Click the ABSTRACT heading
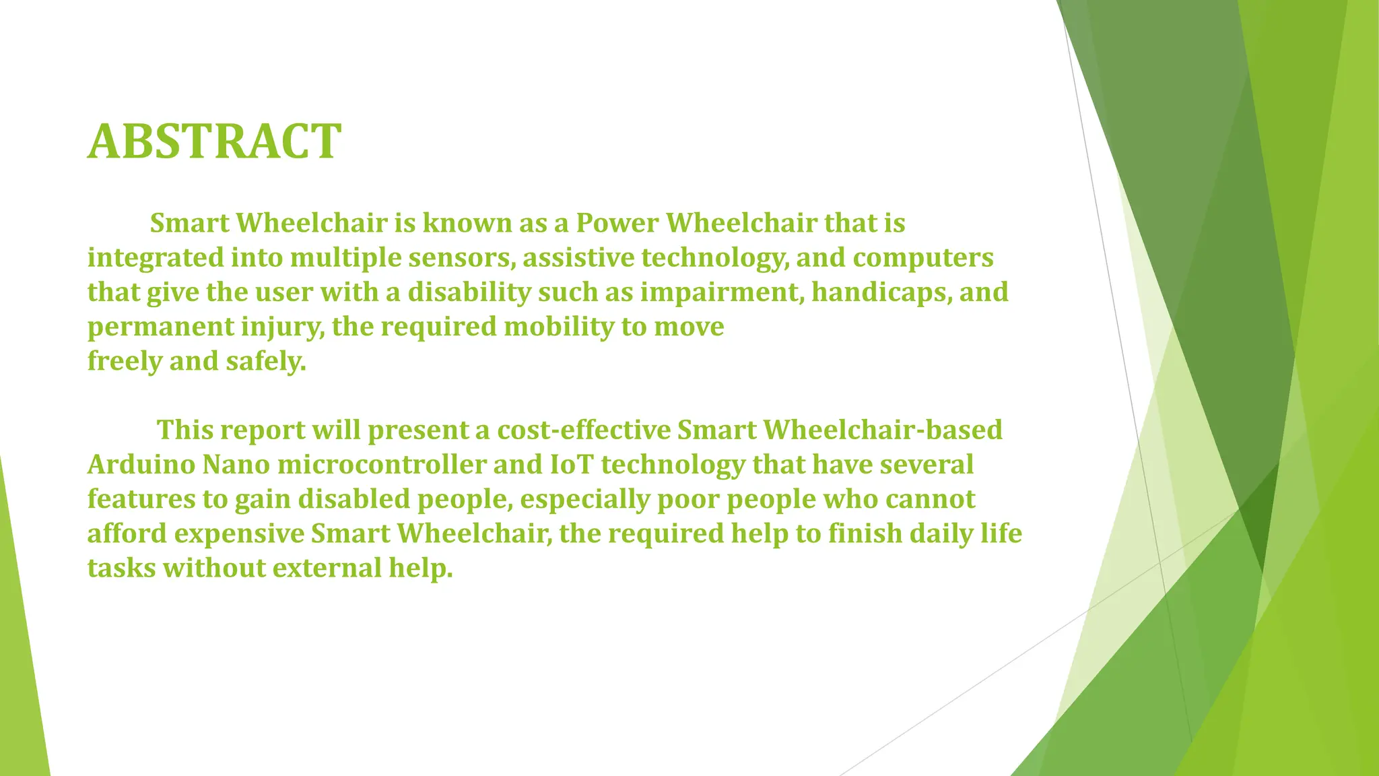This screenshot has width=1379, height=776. coord(214,141)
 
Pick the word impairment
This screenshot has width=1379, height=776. coord(722,292)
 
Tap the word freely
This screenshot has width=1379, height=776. coord(125,362)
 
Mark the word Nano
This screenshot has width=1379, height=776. coord(236,465)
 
